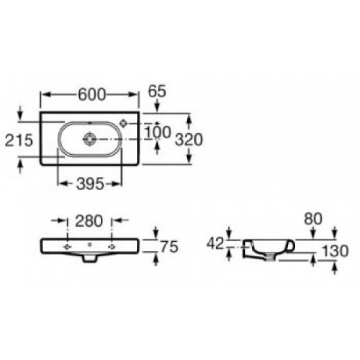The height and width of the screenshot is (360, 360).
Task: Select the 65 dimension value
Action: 157,92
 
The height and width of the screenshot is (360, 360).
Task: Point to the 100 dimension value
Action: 158,131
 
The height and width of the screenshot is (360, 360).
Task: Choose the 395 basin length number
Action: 90,184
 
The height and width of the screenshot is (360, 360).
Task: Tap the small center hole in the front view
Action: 89,245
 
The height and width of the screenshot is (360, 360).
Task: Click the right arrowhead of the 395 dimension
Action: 122,184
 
